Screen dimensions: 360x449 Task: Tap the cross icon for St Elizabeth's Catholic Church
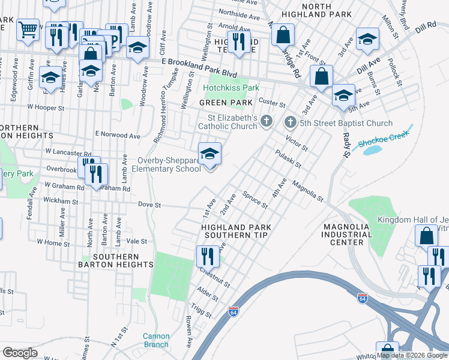click(x=267, y=123)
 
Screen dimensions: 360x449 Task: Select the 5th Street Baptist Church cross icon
click(x=290, y=123)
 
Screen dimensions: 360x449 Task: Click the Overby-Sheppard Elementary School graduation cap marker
click(x=209, y=154)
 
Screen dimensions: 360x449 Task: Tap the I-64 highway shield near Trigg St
click(x=234, y=312)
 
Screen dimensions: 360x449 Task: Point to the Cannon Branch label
click(x=156, y=340)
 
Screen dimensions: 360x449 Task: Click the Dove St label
click(x=149, y=205)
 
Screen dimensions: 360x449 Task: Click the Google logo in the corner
click(x=20, y=352)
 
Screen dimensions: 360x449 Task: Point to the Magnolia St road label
click(x=308, y=191)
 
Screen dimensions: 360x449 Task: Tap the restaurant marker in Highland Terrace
click(x=240, y=42)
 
